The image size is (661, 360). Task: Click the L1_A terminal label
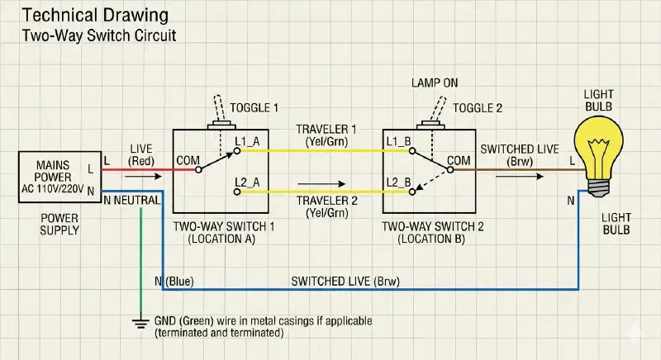tap(248, 141)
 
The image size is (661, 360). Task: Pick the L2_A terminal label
tap(248, 180)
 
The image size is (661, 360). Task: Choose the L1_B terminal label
tap(397, 141)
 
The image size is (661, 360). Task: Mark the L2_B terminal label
tap(397, 180)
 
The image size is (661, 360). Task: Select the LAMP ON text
tap(435, 84)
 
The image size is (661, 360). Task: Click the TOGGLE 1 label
tap(254, 108)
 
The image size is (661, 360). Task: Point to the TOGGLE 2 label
tap(477, 108)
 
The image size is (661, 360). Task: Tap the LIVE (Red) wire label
tap(140, 154)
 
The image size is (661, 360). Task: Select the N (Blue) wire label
tap(174, 282)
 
